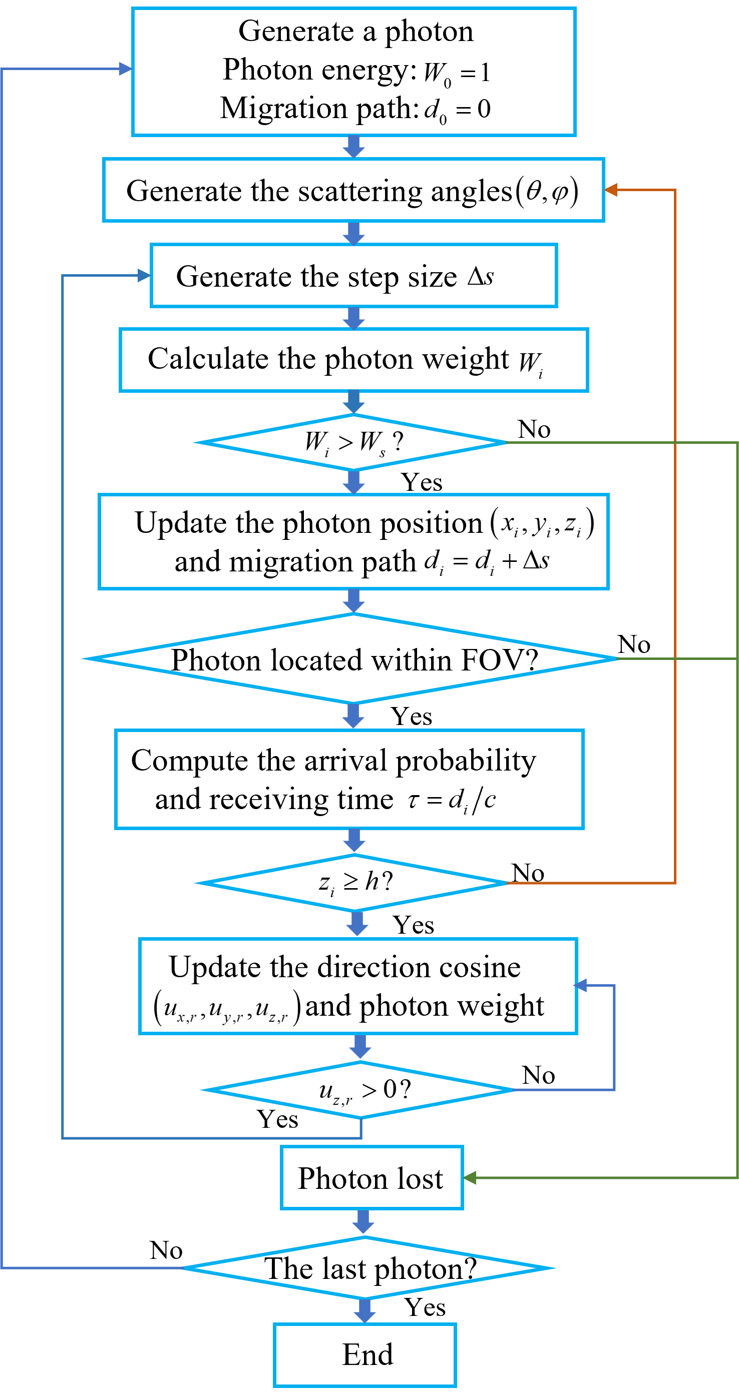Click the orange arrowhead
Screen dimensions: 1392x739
pos(611,190)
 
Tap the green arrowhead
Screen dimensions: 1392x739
pos(470,1177)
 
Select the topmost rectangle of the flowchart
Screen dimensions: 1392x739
pos(353,72)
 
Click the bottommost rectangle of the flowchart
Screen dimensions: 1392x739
pos(365,1354)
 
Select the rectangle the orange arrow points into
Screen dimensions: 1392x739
pos(353,190)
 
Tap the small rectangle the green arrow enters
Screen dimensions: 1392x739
pos(372,1177)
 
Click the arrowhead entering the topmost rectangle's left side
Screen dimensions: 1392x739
pos(125,69)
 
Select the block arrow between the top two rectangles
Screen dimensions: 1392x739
pos(353,147)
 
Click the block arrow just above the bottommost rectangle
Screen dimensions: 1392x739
pos(365,1310)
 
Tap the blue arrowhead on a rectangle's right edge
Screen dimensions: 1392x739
pos(580,986)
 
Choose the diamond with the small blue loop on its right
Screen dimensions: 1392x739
pos(359,1090)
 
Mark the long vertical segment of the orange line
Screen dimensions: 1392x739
pos(675,540)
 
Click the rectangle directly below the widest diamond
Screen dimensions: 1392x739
pos(349,779)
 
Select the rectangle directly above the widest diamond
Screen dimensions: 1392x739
pos(353,541)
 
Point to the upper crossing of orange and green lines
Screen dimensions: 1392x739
pos(675,442)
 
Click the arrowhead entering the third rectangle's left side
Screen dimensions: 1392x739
pos(144,276)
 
